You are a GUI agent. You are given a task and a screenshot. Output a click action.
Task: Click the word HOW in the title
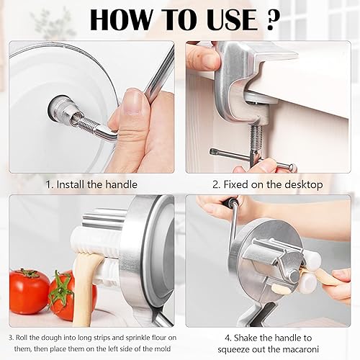coord(121,19)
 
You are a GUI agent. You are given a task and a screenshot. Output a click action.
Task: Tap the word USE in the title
coord(230,19)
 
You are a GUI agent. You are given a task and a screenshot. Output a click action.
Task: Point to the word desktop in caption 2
coord(304,184)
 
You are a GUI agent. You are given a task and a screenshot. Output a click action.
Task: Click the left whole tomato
coord(30,291)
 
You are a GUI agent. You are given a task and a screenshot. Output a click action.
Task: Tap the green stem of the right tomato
coord(60,288)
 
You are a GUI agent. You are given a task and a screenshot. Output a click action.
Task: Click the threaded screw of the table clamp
coord(256,138)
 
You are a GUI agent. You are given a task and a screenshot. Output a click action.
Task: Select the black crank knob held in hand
coord(230,203)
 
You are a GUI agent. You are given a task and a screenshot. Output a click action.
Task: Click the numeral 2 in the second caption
coord(215,184)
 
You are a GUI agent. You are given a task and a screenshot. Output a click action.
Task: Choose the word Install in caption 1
coord(71,184)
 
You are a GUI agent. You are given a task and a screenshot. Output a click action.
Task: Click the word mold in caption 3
coord(163,348)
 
